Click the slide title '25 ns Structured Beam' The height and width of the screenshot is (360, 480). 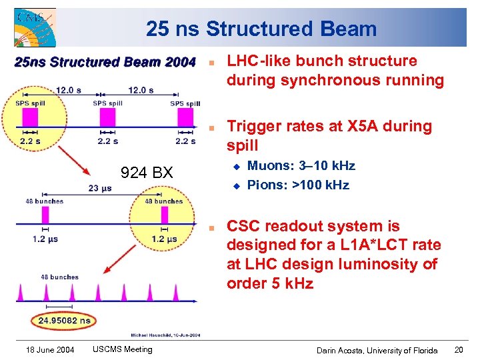coord(261,29)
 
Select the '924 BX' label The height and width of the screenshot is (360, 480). coord(146,173)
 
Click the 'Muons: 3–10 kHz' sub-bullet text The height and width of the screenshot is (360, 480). coord(301,165)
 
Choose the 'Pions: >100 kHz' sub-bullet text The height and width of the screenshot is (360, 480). coord(298,185)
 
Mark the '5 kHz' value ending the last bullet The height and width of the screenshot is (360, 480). coord(291,283)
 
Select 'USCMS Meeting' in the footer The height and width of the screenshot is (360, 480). coord(123,349)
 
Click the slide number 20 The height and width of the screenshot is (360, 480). coord(458,349)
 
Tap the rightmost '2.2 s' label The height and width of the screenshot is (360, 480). coord(186,141)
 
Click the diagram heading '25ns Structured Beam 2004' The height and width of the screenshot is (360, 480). coord(105,63)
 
